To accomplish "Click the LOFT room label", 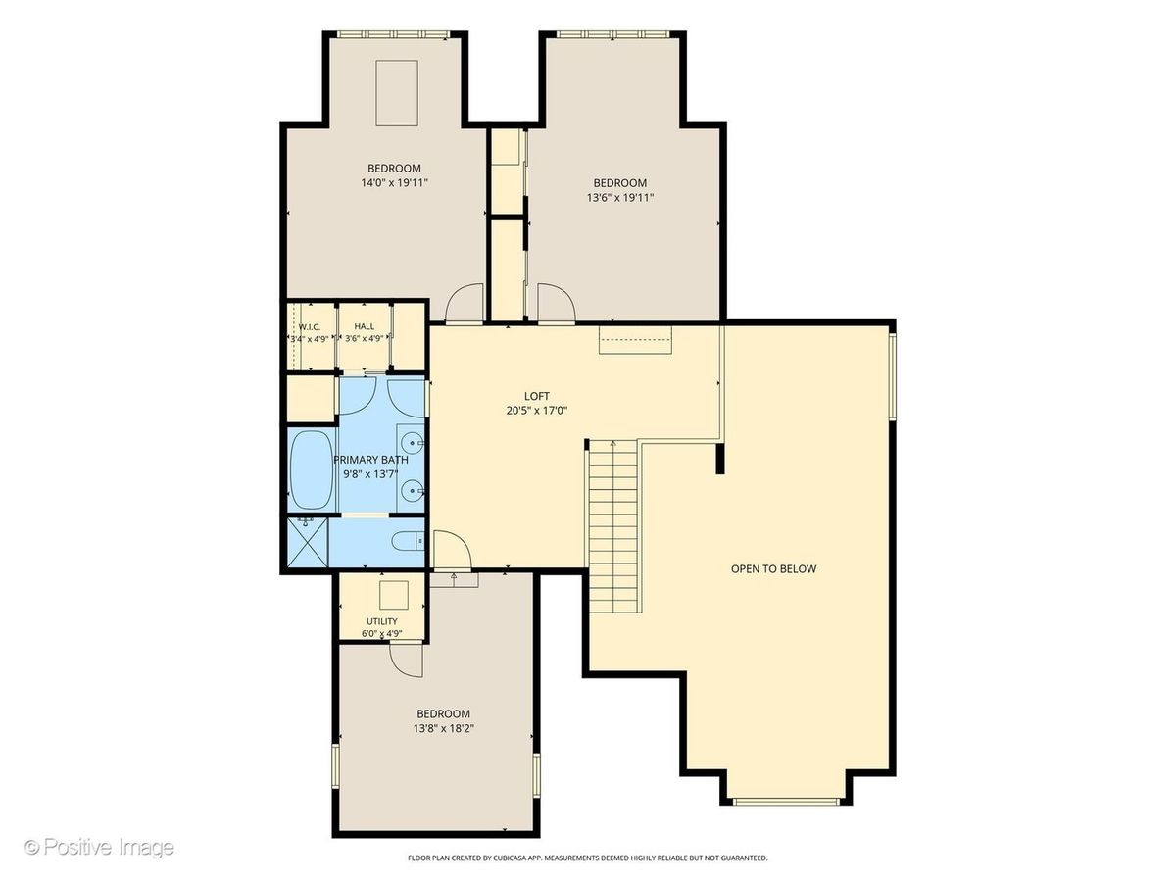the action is click(x=536, y=396).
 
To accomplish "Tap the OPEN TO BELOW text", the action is click(x=773, y=569).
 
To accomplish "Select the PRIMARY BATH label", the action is click(x=370, y=460).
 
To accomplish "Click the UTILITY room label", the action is click(x=382, y=621).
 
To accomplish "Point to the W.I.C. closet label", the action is click(x=309, y=326).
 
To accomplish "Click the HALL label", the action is click(x=365, y=326).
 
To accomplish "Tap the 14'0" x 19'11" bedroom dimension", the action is click(x=394, y=183).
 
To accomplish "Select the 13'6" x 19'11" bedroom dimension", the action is click(x=620, y=198).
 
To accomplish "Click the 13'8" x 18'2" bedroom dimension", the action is click(x=444, y=729).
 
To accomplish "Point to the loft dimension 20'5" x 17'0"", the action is click(x=536, y=412).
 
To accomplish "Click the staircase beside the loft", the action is click(x=613, y=527).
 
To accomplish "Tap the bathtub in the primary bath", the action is click(x=312, y=471).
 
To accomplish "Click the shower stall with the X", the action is click(x=308, y=542).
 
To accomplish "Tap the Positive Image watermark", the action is click(x=99, y=847).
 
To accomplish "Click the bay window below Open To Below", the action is click(x=785, y=816).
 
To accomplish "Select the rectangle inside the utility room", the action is click(x=394, y=595).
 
